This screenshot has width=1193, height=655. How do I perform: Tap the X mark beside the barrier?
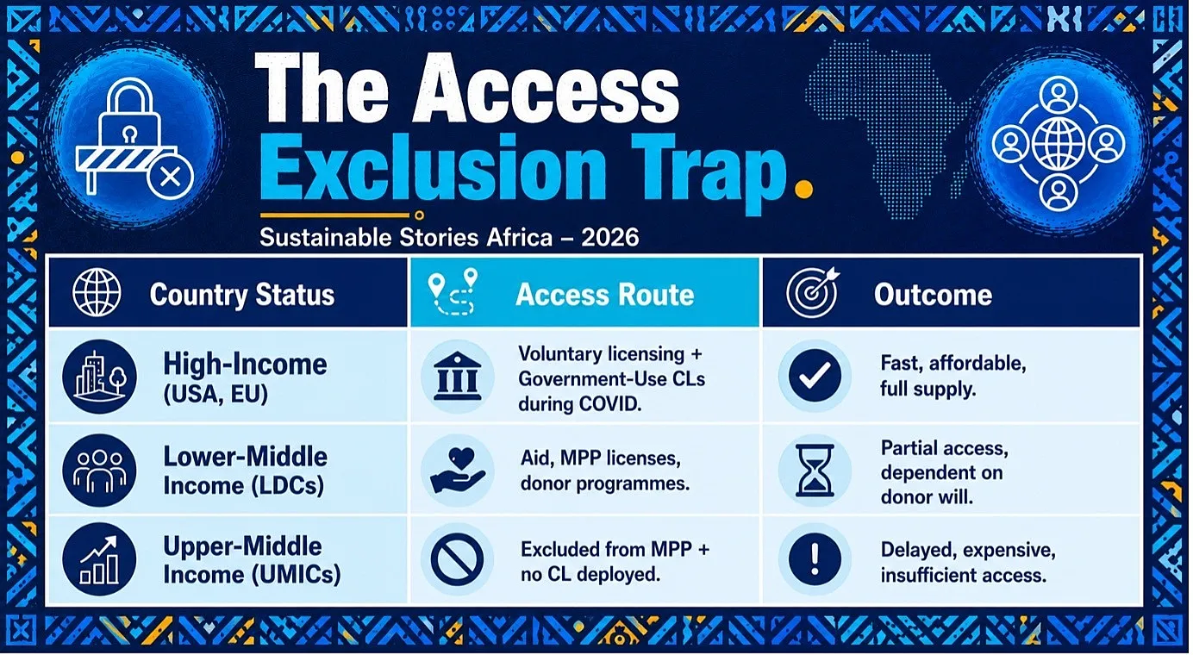(171, 177)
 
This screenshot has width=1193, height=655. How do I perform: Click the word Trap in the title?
(708, 169)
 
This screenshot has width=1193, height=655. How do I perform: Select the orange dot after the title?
(803, 189)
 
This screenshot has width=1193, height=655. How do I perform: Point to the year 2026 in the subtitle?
(609, 238)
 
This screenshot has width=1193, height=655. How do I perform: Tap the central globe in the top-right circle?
(1059, 144)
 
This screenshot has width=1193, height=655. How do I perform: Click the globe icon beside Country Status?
(97, 292)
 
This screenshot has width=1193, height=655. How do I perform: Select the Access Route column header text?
(604, 295)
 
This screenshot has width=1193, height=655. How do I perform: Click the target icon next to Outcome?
(812, 292)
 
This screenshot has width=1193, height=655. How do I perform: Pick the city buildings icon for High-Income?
(100, 377)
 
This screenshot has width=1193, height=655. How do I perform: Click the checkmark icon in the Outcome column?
(815, 376)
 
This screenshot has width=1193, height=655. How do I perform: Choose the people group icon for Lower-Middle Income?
(100, 471)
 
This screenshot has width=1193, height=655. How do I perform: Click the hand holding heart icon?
(457, 471)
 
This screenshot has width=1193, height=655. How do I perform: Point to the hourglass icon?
(815, 471)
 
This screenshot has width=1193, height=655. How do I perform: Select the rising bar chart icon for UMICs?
(100, 559)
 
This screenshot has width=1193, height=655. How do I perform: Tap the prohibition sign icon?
(457, 559)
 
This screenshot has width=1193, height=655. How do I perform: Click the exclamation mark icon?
(815, 559)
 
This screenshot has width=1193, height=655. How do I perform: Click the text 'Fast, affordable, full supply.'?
(953, 376)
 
